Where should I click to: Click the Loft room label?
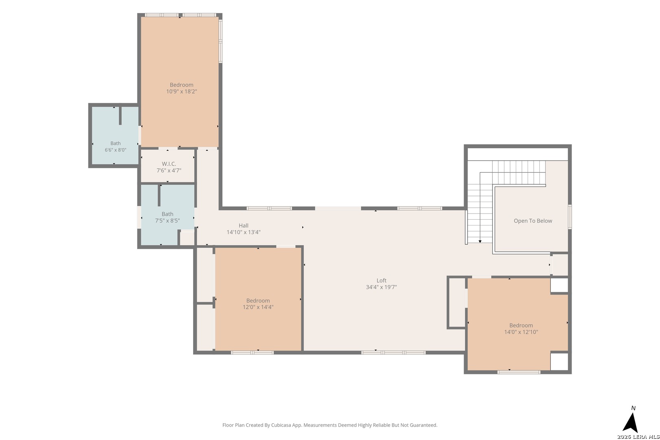(x=381, y=281)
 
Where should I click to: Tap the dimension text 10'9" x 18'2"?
(x=182, y=91)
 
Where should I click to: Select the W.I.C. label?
(x=169, y=164)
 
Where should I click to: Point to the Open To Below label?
(x=533, y=221)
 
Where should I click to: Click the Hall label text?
(x=243, y=225)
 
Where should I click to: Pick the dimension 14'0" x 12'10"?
(x=521, y=332)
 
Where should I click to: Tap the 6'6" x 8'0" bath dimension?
(x=116, y=150)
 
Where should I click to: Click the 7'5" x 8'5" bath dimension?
(x=167, y=220)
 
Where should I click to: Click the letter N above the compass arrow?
(x=633, y=408)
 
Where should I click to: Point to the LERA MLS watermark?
(x=638, y=436)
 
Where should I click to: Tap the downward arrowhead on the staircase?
(x=480, y=241)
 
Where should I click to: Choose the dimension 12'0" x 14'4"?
(x=258, y=307)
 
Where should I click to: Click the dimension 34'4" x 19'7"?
(x=381, y=287)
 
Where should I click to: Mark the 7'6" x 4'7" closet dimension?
(x=169, y=170)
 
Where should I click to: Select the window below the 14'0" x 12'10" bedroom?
(x=519, y=372)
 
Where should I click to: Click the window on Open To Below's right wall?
(x=570, y=217)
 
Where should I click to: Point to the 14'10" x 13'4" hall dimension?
(x=243, y=232)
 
